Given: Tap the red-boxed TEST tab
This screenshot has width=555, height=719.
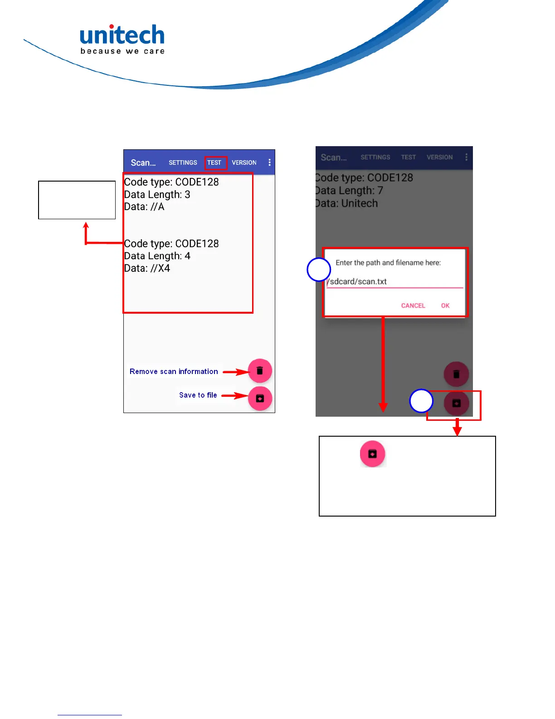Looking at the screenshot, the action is tap(214, 163).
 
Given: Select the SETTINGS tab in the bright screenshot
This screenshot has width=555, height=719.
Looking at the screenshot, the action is tap(183, 163).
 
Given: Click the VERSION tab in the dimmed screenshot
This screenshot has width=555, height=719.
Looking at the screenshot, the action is tap(439, 157).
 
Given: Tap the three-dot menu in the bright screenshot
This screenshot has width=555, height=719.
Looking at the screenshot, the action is tap(269, 163).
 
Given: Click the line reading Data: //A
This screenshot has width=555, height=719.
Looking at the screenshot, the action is tap(144, 207).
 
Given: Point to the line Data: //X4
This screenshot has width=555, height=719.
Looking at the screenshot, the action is tap(147, 268).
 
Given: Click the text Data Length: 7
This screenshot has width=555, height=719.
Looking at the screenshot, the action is tap(349, 191).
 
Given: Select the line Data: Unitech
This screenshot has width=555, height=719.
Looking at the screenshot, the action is tap(346, 203).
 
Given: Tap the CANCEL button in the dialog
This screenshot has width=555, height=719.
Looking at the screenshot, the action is tap(413, 305).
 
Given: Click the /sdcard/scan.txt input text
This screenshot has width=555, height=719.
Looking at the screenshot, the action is tap(358, 281).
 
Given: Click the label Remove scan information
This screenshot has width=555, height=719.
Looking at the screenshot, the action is tap(174, 371).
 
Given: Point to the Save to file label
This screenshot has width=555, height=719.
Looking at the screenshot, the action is tap(198, 395).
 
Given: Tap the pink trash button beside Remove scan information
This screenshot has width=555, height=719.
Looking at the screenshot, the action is tap(260, 371).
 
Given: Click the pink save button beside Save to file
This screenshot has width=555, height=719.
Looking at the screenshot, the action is tap(260, 399).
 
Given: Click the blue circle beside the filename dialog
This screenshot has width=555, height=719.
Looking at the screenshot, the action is tap(318, 270).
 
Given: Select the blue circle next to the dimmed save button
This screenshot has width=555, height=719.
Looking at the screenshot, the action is tap(421, 401).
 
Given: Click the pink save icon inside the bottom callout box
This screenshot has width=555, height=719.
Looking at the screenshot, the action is tap(372, 453).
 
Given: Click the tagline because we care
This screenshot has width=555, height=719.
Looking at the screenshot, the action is tap(122, 51).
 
